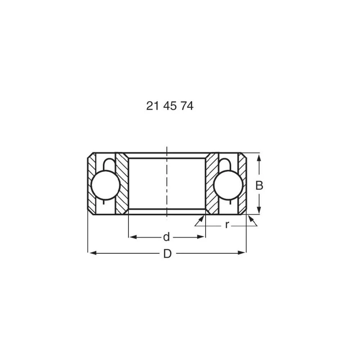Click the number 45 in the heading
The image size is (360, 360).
[170, 106]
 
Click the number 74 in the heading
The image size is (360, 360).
[186, 106]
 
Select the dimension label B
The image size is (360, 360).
[259, 186]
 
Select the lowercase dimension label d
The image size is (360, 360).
[166, 237]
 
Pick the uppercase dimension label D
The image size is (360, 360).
[167, 254]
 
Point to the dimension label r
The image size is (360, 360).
[226, 225]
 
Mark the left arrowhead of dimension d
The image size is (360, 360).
[132, 237]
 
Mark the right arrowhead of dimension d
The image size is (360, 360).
[202, 237]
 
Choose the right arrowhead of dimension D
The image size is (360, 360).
[242, 253]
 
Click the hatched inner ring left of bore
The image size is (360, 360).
[122, 184]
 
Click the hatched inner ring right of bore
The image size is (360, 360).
[212, 184]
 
